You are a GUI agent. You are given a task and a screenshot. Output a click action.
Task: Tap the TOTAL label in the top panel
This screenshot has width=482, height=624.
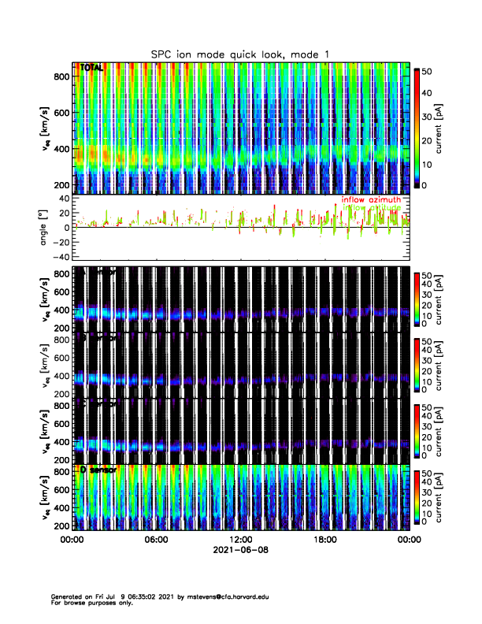[x=93, y=69]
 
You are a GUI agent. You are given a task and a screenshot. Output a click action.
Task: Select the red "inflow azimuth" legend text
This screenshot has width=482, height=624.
[x=371, y=200]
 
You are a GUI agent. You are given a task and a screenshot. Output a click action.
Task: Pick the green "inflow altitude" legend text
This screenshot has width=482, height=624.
[x=371, y=208]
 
